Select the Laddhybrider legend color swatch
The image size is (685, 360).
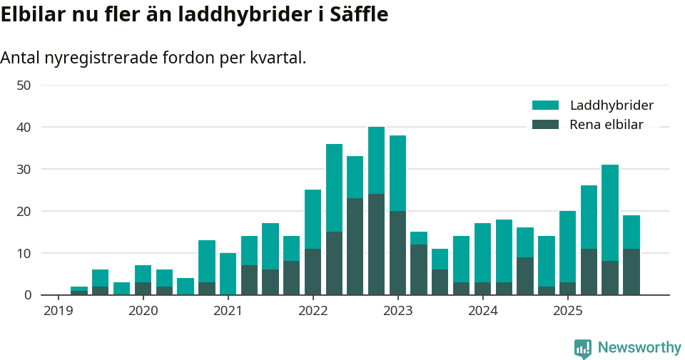[x=545, y=106]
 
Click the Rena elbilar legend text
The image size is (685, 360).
[x=607, y=125]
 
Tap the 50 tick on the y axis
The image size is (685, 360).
[x=24, y=86]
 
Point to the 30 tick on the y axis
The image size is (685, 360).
[x=24, y=170]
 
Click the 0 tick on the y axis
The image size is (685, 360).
[x=28, y=295]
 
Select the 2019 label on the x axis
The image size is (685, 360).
[x=59, y=311]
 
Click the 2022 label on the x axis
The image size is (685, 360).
[x=313, y=311]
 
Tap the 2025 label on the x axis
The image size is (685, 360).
[x=568, y=311]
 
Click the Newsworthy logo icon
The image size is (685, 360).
[x=583, y=348]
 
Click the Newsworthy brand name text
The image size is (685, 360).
[x=639, y=348]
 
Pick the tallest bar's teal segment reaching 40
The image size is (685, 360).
[x=376, y=160]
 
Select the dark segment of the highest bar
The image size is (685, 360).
[x=376, y=245]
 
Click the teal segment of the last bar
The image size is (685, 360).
[x=631, y=232]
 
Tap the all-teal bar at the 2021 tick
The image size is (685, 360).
[x=228, y=274]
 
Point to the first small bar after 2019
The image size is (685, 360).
[x=79, y=290]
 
